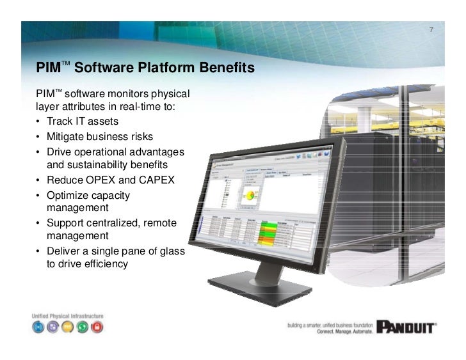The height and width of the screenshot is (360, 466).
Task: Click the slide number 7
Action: [431, 30]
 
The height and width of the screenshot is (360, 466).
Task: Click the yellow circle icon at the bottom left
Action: [67, 327]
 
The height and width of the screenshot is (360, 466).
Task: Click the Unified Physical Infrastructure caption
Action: [67, 316]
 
